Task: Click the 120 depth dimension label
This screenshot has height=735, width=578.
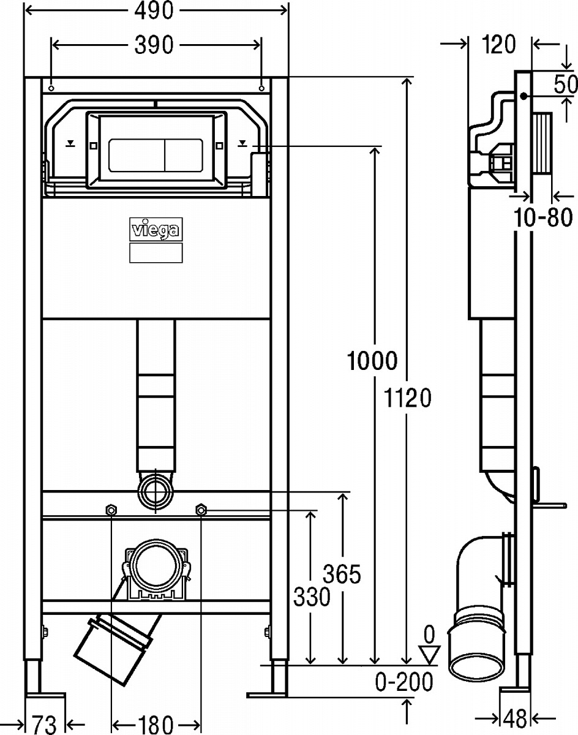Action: [498, 44]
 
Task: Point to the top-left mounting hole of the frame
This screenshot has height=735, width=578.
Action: [51, 88]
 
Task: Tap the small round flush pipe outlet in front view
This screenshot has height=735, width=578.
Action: [156, 491]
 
